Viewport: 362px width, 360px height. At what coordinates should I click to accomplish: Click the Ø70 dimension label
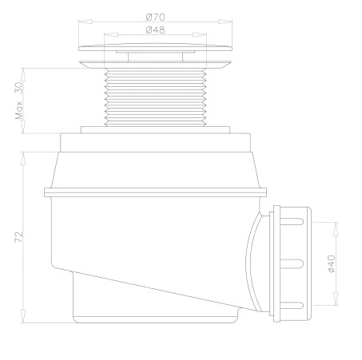pos(156,18)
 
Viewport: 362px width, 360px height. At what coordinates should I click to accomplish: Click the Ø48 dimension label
pos(156,30)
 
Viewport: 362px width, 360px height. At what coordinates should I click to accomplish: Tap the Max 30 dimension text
pos(19,101)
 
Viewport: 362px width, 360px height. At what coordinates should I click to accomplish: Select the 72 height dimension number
pos(19,237)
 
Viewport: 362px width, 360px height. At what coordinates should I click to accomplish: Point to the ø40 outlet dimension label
pos(332,264)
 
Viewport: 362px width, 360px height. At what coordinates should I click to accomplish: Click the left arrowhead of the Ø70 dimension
pos(86,22)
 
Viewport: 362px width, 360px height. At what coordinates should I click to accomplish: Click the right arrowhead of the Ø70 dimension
pos(225,22)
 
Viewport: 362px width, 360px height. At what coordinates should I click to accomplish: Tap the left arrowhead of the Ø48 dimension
pos(111,34)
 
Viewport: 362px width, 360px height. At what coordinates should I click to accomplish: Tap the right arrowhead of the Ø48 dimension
pos(200,34)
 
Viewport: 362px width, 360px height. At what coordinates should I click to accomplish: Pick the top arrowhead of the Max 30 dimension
pos(23,75)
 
